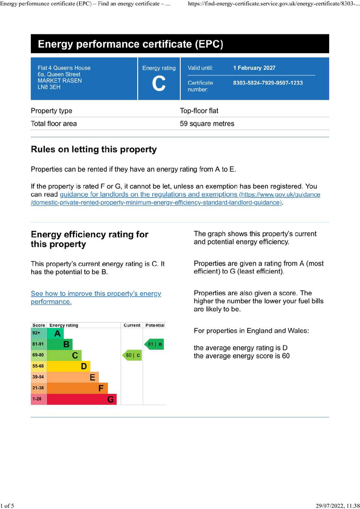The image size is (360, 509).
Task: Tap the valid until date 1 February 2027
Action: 254,68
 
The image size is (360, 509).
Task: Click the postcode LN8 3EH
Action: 49,87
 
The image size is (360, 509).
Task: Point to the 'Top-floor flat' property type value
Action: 199,111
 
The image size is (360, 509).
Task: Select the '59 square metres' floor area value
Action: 207,124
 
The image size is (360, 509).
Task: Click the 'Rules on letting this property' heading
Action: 93,150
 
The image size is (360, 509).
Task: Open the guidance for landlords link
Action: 148,194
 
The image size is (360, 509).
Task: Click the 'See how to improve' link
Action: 95,297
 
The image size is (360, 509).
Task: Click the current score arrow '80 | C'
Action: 132,355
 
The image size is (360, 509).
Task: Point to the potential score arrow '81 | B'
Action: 154,344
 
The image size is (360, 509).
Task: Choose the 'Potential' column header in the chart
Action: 154,325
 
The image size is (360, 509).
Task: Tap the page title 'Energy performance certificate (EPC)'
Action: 130,44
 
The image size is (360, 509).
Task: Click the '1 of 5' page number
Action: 7,506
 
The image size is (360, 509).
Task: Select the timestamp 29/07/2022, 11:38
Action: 338,506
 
